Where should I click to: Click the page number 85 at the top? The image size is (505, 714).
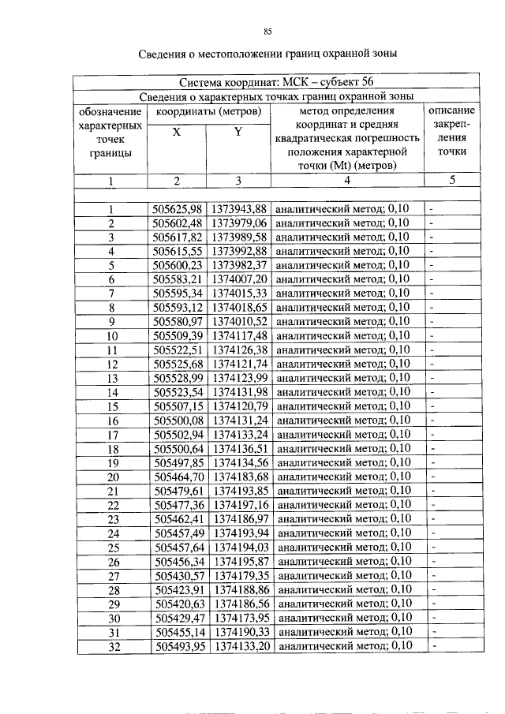tap(267, 31)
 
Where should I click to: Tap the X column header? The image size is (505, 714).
tap(177, 133)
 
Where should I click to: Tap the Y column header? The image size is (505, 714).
tap(238, 132)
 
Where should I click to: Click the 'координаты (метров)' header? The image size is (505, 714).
tap(208, 110)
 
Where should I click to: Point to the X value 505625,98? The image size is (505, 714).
tap(178, 209)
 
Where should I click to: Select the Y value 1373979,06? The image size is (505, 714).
tap(240, 223)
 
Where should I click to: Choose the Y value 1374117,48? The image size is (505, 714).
tap(240, 336)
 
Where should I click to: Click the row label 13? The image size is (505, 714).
tap(112, 379)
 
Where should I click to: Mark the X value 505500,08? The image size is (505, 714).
tap(178, 421)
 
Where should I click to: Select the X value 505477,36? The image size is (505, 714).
tap(178, 505)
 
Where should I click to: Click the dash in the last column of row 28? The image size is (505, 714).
tap(432, 589)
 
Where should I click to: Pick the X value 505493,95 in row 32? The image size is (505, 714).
tap(179, 646)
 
